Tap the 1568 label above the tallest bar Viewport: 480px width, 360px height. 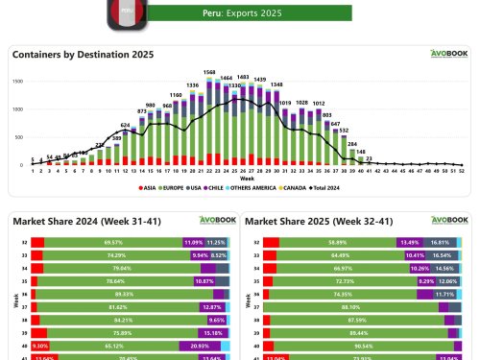208,72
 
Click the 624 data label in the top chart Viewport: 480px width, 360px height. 125,125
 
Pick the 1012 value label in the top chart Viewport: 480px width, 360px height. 318,103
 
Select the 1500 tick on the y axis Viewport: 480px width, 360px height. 17,82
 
